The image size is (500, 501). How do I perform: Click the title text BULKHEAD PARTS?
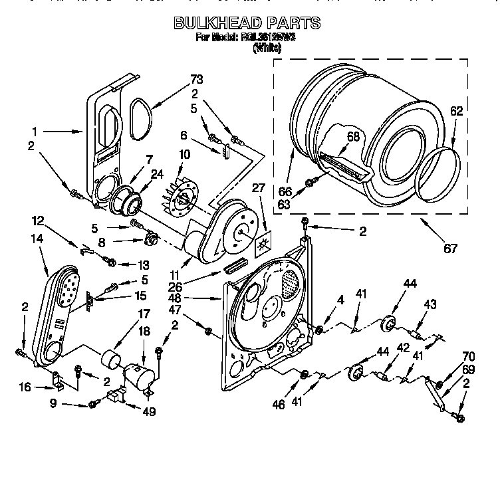coord(247,23)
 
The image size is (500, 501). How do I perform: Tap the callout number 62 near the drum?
coord(455,111)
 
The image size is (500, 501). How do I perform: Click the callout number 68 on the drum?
coord(352,137)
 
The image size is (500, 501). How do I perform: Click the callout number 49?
coord(149,412)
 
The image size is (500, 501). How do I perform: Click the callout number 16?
coord(25,386)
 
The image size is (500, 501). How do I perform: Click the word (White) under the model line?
coord(267,48)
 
